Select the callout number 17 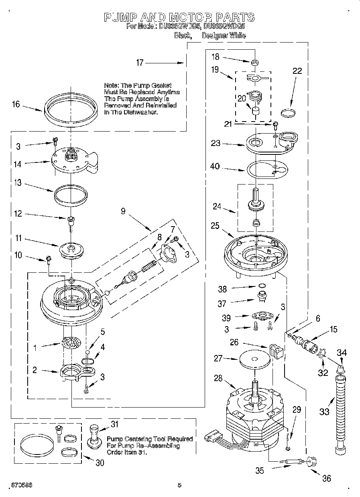coord(140,63)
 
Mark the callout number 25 coord(215,226)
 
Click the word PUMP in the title coord(121,17)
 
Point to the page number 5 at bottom coord(179,485)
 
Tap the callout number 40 coord(215,166)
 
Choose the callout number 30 coord(99,463)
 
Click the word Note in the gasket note coord(111,85)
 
